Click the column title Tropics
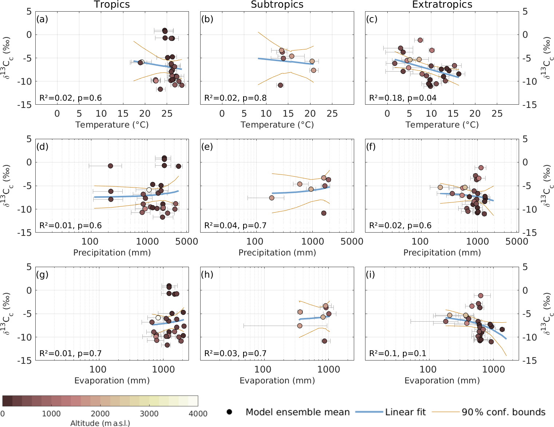(x=112, y=5)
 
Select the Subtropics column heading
(x=277, y=5)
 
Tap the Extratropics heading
(x=442, y=5)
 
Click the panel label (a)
(x=42, y=19)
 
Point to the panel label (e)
(x=207, y=147)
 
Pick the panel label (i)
(x=372, y=275)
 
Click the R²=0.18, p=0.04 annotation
(x=403, y=98)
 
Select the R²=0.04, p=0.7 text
(x=235, y=226)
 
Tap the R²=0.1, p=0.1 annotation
(x=397, y=354)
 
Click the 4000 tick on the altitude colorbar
(x=198, y=414)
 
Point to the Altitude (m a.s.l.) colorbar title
(x=100, y=423)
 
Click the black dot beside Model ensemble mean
(x=229, y=412)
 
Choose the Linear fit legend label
(x=405, y=412)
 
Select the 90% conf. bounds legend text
(x=503, y=412)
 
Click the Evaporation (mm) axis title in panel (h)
(x=277, y=380)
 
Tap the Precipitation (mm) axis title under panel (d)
(x=112, y=253)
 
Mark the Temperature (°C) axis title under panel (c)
(x=442, y=125)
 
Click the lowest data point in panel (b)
(x=280, y=85)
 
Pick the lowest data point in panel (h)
(x=324, y=341)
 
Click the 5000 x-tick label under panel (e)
(x=352, y=241)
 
